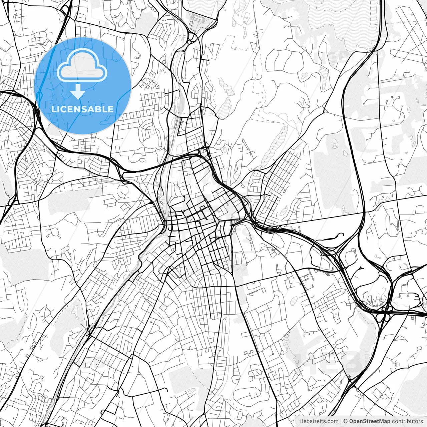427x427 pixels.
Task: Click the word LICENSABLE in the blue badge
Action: pos(82,109)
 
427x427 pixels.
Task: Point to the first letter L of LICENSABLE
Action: pos(53,109)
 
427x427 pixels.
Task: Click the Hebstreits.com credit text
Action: pos(318,421)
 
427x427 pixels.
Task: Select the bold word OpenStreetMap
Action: pos(370,421)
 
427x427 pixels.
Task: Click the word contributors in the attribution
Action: pos(407,421)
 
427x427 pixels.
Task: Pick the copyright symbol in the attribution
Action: pos(346,421)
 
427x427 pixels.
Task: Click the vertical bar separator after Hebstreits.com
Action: pos(341,421)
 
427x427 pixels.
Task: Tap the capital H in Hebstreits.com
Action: pos(301,421)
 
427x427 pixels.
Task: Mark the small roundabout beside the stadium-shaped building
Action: pos(189,42)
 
